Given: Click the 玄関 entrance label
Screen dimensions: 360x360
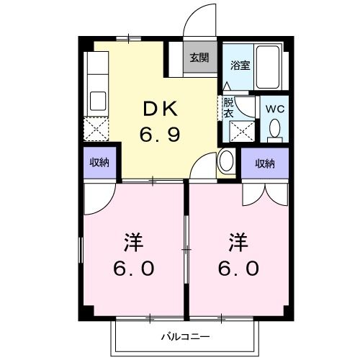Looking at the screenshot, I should pyautogui.click(x=199, y=58).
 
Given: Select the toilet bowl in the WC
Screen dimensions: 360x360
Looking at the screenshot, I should pyautogui.click(x=274, y=129).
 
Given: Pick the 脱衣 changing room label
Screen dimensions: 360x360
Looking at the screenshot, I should pyautogui.click(x=228, y=107).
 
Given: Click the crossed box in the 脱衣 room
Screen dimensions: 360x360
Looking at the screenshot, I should pyautogui.click(x=239, y=131).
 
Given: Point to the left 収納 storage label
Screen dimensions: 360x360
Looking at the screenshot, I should pyautogui.click(x=99, y=163).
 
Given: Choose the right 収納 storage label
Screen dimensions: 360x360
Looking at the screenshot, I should pyautogui.click(x=264, y=163).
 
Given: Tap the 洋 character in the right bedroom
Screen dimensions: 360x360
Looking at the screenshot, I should pyautogui.click(x=240, y=241).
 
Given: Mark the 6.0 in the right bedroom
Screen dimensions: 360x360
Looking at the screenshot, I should pyautogui.click(x=240, y=269).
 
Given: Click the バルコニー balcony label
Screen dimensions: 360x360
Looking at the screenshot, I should pyautogui.click(x=184, y=336).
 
